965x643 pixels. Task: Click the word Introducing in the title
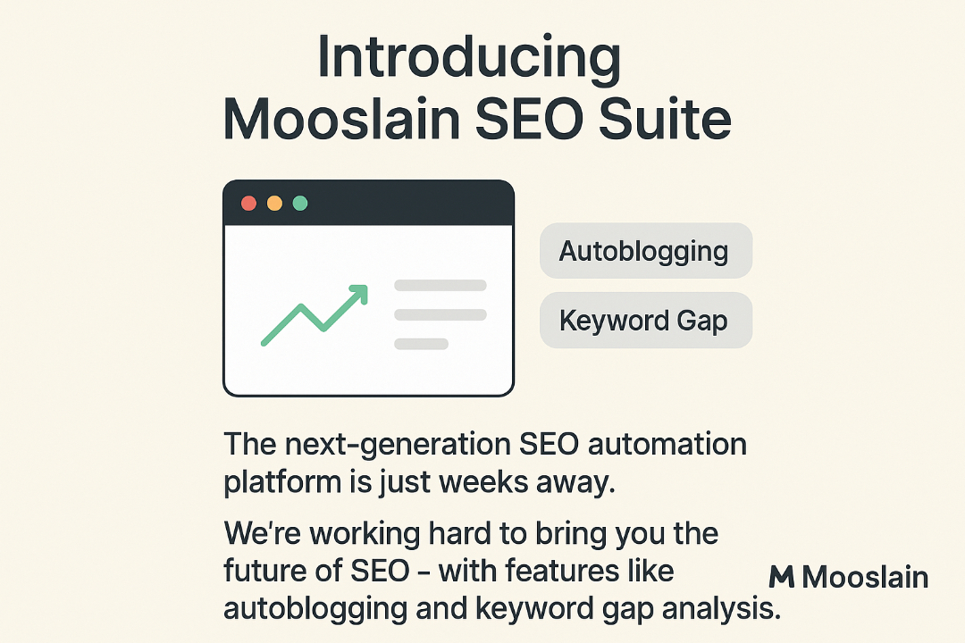pyautogui.click(x=469, y=59)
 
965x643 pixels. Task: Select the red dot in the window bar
pyautogui.click(x=249, y=204)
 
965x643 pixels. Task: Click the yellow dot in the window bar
pyautogui.click(x=274, y=204)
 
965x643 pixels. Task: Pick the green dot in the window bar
pyautogui.click(x=300, y=204)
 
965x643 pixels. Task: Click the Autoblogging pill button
pyautogui.click(x=645, y=251)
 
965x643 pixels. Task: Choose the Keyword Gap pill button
pyautogui.click(x=645, y=321)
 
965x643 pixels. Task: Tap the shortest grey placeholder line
pyautogui.click(x=421, y=344)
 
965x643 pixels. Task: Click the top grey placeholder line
pyautogui.click(x=441, y=286)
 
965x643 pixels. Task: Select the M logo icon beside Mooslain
pyautogui.click(x=782, y=577)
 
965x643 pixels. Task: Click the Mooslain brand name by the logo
pyautogui.click(x=865, y=577)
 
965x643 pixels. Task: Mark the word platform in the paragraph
pyautogui.click(x=278, y=483)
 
